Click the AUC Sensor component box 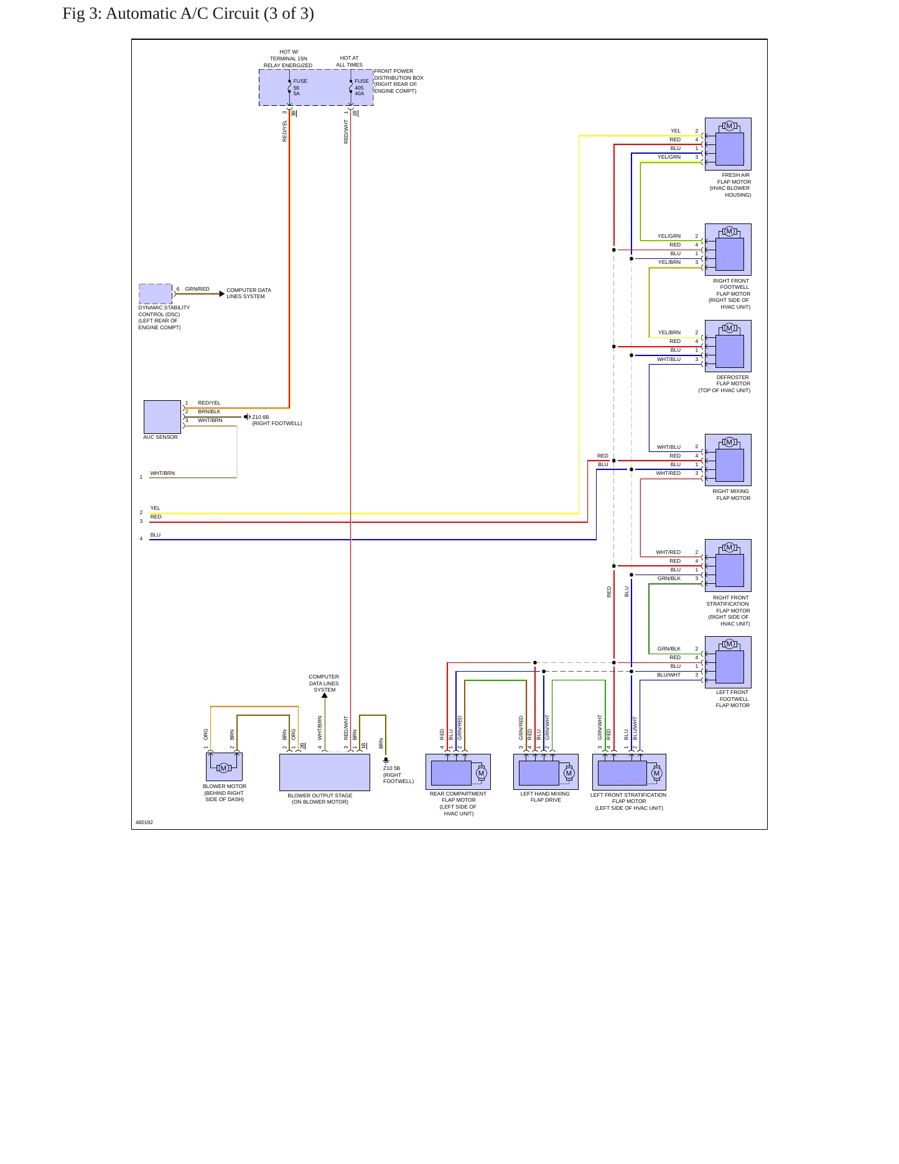pos(162,417)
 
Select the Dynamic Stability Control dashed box pos(156,294)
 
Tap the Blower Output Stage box pos(325,772)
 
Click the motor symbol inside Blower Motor pos(223,768)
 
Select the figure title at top pos(188,14)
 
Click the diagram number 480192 pos(144,822)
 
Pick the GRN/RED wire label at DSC pos(197,289)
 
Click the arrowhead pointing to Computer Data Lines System pos(222,294)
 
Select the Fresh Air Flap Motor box pos(728,144)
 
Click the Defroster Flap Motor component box pos(728,346)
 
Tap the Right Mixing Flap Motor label pos(732,495)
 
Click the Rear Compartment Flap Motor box pos(458,772)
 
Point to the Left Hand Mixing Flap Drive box pos(546,772)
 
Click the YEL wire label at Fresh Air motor pos(676,131)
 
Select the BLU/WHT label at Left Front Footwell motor pos(669,675)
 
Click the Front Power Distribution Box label pos(399,81)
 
